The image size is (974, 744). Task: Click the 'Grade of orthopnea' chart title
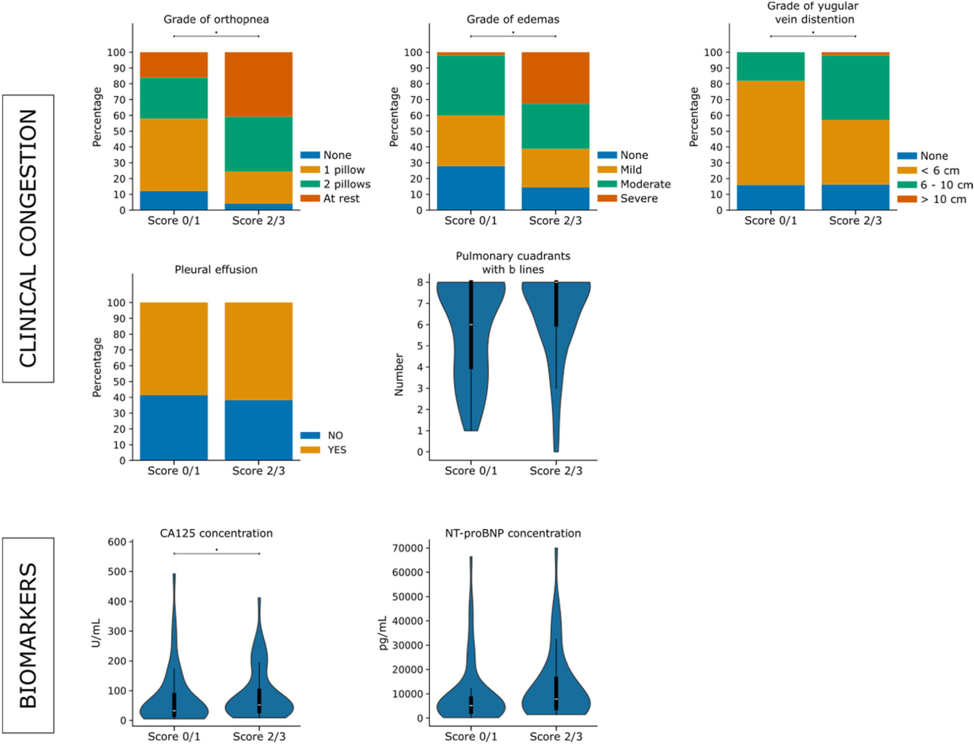[x=216, y=20]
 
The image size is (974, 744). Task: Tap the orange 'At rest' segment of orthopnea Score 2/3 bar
[x=259, y=84]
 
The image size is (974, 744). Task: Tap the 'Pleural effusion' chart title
[x=216, y=270]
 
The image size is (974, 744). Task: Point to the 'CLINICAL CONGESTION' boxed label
[x=28, y=238]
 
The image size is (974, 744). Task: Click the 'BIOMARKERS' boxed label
[x=28, y=636]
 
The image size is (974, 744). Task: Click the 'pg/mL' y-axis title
[x=383, y=633]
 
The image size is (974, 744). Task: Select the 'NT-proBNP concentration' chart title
[x=513, y=533]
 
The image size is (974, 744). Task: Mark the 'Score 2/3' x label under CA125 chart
[x=259, y=736]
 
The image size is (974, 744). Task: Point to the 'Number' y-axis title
[x=399, y=374]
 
